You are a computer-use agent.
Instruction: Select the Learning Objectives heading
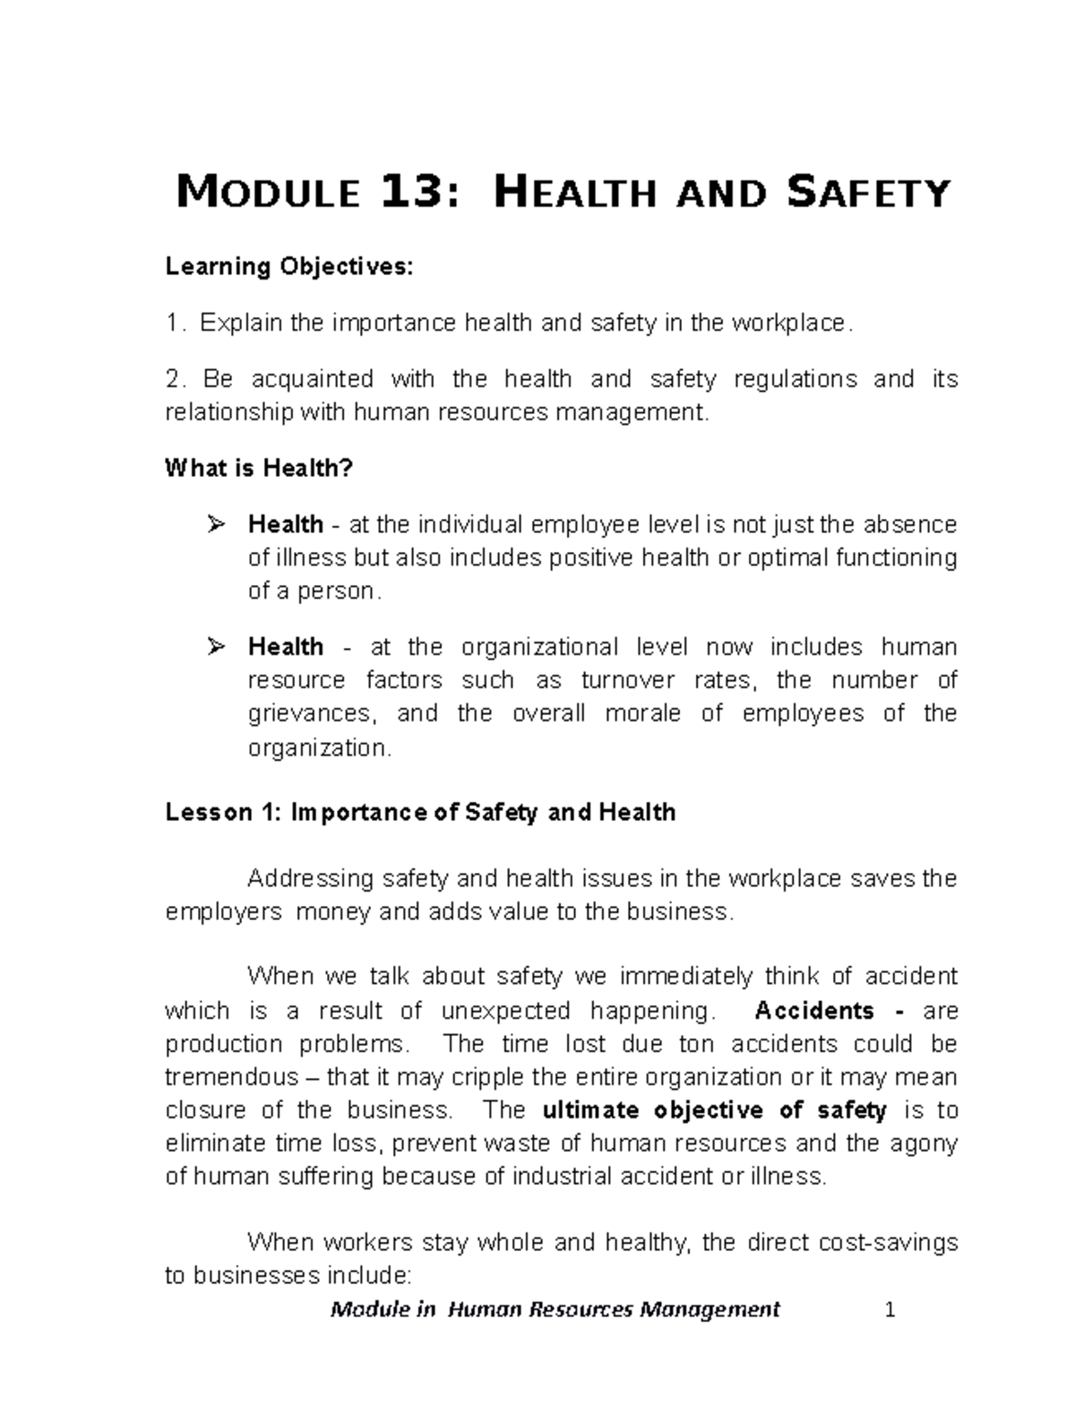tap(289, 267)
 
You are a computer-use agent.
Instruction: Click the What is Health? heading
tap(260, 468)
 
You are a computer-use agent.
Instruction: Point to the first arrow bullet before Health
tap(215, 523)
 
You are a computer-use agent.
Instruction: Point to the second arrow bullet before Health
tap(215, 646)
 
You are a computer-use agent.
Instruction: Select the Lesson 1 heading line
tap(420, 813)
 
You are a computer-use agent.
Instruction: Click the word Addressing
tap(310, 878)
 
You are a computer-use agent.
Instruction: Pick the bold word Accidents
tap(814, 1011)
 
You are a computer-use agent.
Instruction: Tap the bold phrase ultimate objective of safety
tap(715, 1110)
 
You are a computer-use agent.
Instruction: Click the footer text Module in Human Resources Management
tap(555, 1309)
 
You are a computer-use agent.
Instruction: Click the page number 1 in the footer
tap(890, 1310)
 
